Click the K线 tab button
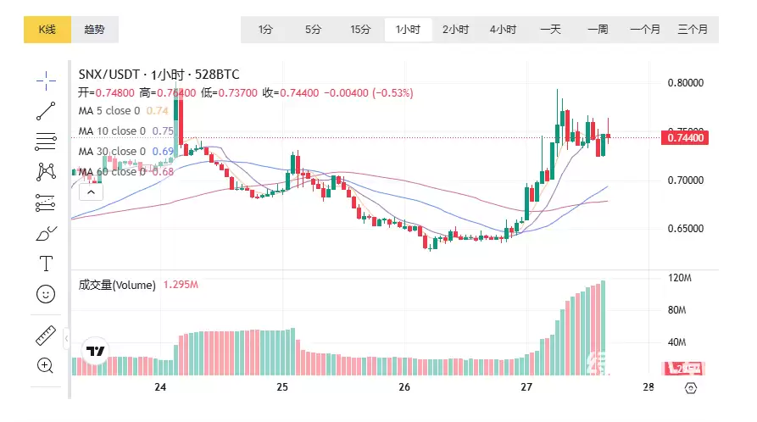(x=47, y=30)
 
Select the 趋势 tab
(x=94, y=30)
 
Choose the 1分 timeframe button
(x=266, y=30)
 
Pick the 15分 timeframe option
(x=360, y=30)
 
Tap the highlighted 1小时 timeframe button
(x=408, y=30)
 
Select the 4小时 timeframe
(x=503, y=30)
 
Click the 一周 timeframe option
(x=598, y=30)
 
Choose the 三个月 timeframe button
(x=693, y=30)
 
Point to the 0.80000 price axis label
(x=686, y=83)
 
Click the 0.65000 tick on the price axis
(x=686, y=229)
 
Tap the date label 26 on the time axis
(x=404, y=386)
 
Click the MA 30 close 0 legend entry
(x=112, y=152)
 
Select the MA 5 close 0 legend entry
(x=109, y=110)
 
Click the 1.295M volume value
(x=181, y=286)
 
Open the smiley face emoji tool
(x=46, y=294)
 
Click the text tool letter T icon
(x=46, y=263)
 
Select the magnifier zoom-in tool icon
(x=46, y=365)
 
